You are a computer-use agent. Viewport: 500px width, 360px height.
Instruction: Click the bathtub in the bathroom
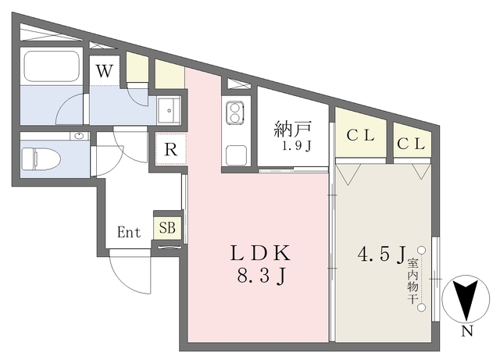[x=52, y=66]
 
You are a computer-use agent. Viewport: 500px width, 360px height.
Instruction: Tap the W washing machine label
[x=105, y=71]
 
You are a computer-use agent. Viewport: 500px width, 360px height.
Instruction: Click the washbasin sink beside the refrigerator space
[x=169, y=110]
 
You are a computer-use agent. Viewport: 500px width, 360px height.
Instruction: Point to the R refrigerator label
[x=171, y=149]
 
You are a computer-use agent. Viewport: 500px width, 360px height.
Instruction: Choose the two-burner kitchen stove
[x=235, y=113]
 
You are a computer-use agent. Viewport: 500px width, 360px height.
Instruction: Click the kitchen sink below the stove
[x=236, y=155]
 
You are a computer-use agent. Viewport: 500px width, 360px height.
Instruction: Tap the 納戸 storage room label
[x=292, y=130]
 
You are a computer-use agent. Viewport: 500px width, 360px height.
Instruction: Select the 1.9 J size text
[x=296, y=146]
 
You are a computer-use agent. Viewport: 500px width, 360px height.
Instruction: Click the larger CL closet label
[x=360, y=136]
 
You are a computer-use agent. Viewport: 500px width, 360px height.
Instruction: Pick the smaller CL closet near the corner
[x=411, y=144]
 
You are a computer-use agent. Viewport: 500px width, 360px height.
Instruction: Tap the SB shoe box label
[x=167, y=228]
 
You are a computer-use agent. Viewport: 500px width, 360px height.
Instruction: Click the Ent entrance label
[x=129, y=232]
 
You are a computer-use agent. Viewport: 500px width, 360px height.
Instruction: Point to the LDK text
[x=260, y=254]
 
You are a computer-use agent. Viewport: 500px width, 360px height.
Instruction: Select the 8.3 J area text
[x=261, y=276]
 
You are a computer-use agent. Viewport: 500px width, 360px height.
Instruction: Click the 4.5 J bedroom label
[x=381, y=254]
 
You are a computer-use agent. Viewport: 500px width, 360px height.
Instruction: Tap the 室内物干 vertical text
[x=412, y=280]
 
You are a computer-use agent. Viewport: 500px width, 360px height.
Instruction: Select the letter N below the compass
[x=467, y=332]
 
